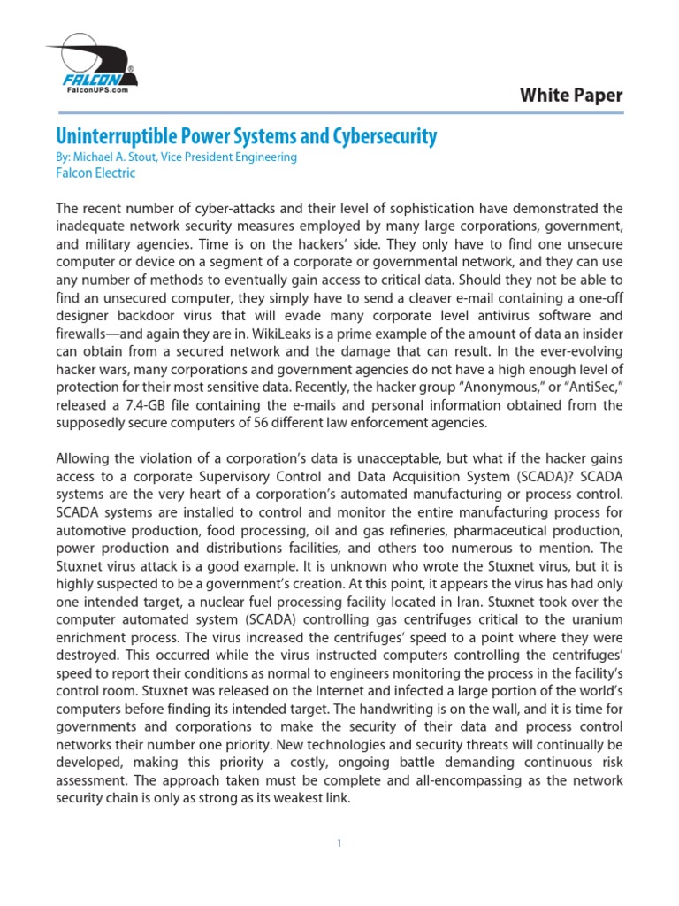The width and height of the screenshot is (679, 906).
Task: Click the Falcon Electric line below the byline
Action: [95, 173]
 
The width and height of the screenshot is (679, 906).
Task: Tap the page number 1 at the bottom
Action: [339, 843]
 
